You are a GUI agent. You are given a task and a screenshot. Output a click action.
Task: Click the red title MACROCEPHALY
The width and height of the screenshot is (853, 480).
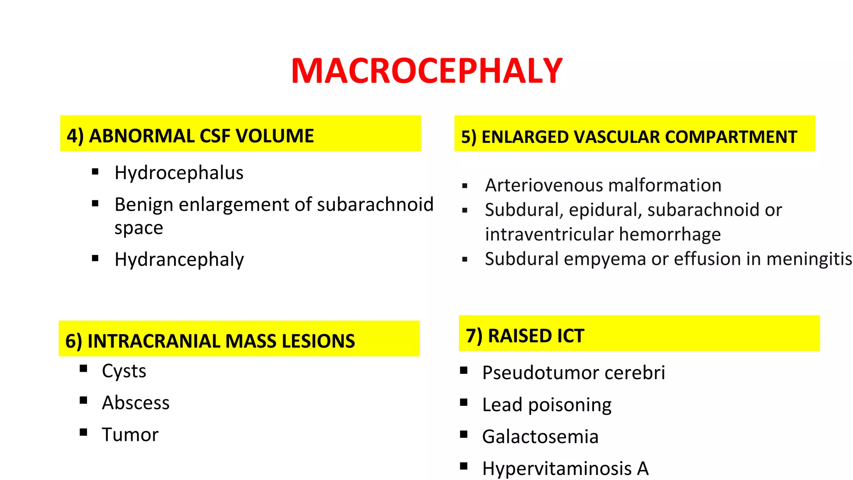426,71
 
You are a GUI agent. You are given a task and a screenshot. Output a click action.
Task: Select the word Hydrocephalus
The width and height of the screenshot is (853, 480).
179,173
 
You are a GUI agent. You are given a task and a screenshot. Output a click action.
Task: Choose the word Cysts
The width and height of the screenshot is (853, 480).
124,371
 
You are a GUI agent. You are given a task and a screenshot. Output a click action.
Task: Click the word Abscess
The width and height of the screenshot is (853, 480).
136,403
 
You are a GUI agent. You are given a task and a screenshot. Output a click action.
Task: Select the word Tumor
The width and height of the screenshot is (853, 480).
130,435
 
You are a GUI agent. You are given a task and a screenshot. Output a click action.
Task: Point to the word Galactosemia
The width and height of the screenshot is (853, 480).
540,437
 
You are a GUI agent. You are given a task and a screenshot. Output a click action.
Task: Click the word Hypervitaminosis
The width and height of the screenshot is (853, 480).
557,469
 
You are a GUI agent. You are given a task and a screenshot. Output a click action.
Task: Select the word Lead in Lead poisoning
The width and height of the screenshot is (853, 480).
502,405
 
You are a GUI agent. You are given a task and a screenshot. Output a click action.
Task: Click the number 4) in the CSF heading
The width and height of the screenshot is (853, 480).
75,136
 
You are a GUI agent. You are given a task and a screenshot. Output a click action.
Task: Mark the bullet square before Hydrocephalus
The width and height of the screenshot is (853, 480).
95,171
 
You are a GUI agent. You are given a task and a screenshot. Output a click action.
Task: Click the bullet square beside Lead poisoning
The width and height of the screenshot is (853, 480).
464,402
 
